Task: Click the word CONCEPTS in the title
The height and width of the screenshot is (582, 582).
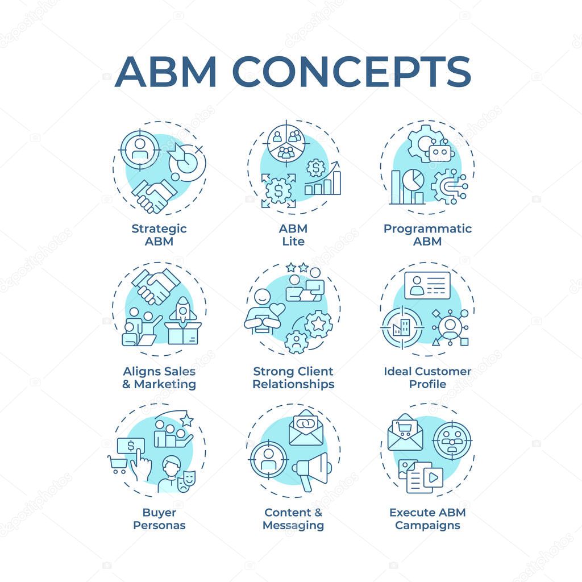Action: pos(352,72)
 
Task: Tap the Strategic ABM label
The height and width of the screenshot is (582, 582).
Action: pos(159,235)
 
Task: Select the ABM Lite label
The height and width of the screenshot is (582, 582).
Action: pos(293,235)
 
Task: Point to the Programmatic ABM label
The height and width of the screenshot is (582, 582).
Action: pos(427,235)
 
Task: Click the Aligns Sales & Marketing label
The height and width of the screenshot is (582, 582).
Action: pos(159,377)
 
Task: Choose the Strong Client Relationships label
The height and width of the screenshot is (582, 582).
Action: pos(293,377)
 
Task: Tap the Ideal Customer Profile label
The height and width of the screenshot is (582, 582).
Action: pos(427,377)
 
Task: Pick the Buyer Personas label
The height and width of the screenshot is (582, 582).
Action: pos(159,518)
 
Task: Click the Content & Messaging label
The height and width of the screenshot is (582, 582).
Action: pos(293,518)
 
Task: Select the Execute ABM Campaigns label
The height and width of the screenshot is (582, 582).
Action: pos(427,518)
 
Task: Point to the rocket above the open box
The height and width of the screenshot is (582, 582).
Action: pos(183,309)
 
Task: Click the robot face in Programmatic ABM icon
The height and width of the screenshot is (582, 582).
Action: pos(440,151)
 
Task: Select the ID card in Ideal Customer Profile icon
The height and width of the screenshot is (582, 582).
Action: pos(427,285)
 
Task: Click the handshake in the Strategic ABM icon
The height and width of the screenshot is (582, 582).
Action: pos(153,196)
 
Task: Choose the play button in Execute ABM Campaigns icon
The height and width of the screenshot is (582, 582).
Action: pos(433,477)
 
